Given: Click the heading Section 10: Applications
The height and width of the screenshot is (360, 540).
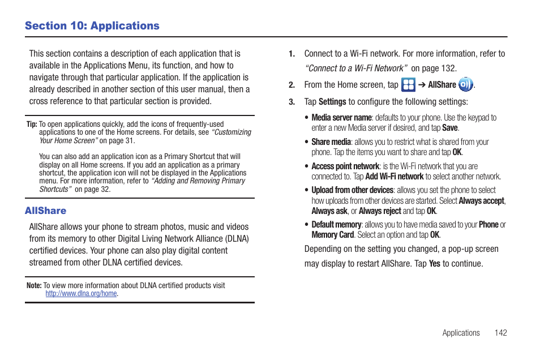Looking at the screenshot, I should coord(92,25).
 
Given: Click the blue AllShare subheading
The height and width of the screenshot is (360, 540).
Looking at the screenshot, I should coord(45,211).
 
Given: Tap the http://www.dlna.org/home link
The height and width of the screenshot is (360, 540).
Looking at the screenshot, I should coord(81,294).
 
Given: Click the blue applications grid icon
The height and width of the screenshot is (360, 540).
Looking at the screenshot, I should coord(408,85).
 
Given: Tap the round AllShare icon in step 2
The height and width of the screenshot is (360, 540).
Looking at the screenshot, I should coord(465,85).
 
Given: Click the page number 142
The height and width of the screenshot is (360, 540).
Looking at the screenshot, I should coord(500,333).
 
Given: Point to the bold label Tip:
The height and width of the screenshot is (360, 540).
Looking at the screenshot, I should coord(32,124).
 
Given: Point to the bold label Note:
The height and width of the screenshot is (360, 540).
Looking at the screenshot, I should coord(34,285).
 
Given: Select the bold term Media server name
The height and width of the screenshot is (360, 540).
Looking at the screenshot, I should coord(341,118).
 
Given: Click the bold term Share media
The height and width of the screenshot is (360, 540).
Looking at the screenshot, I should coord(331,142).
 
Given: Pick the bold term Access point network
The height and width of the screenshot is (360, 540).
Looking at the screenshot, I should coord(345,166).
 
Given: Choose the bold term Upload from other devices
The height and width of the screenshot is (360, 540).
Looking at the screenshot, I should coord(352,190).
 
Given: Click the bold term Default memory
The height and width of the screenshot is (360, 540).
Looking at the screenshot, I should coord(336,225).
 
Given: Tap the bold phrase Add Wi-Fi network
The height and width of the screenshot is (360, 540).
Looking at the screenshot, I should coord(394,177).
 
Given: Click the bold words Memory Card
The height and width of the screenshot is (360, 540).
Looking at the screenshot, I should coord(332,235).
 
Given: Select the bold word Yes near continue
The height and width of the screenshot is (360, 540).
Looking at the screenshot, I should coord(434,264).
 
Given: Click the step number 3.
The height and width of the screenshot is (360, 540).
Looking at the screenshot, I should coord(292,102).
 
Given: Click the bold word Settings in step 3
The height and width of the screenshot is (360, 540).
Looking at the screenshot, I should coord(332,102).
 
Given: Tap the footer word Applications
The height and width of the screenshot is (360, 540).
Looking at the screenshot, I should coord(461,333).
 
